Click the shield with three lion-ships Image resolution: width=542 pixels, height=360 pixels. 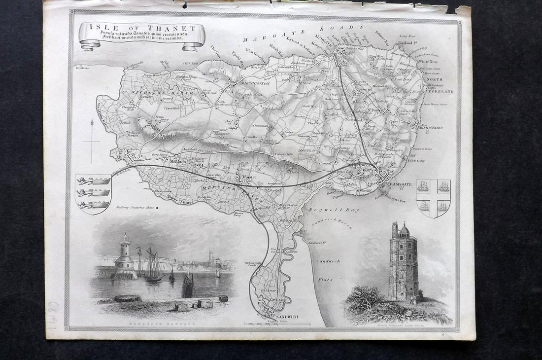94,193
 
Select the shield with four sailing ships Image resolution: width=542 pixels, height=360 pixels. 433,197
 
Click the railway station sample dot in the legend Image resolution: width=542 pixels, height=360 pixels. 157,208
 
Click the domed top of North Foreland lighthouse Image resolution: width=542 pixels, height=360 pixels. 404,228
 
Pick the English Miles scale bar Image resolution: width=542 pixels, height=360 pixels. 277,324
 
